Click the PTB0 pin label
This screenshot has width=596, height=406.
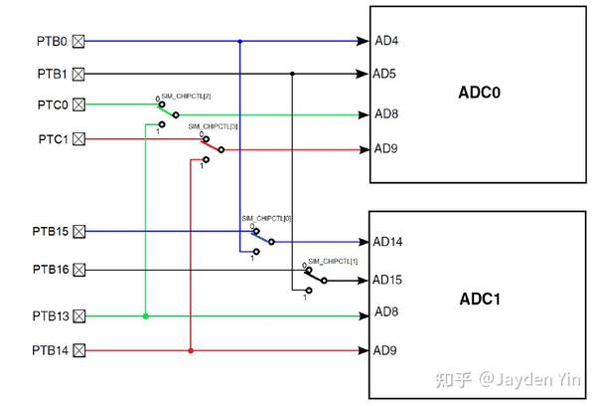(x=52, y=41)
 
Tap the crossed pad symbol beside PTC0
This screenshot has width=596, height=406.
(x=79, y=104)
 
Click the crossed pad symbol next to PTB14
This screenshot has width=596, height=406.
(x=79, y=350)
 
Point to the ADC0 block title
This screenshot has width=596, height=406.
(x=480, y=93)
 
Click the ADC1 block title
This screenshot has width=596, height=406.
(x=480, y=299)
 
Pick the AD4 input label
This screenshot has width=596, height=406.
(x=386, y=42)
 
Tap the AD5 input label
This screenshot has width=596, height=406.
(x=386, y=74)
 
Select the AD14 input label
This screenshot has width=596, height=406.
(x=389, y=242)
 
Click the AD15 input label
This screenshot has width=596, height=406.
(x=389, y=281)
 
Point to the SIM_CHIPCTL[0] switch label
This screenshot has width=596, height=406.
(x=266, y=218)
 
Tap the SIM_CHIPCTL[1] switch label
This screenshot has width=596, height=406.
(x=332, y=261)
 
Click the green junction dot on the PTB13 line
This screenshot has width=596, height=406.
(x=146, y=316)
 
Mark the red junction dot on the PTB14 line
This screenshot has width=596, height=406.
(x=190, y=350)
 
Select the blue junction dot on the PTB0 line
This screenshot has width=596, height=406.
(x=239, y=41)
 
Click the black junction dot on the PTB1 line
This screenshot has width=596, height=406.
(x=292, y=74)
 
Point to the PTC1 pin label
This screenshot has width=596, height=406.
(x=52, y=138)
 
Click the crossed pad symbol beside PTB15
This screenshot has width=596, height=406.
(x=79, y=232)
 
